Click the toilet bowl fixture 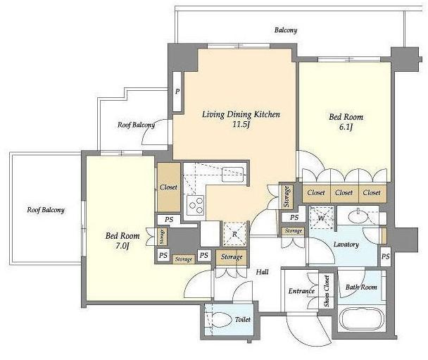221,319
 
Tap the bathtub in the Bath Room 361,319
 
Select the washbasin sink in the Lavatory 358,216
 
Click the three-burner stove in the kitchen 196,204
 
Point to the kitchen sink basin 232,174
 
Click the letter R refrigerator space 234,234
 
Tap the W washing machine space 322,218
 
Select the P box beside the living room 177,91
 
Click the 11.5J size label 241,125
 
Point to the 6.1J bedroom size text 346,127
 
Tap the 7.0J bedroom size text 122,246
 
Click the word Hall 262,272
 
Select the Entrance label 301,291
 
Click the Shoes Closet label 327,291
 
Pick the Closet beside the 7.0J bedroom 169,187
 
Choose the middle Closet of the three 344,192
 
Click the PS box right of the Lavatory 386,256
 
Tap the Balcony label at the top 286,30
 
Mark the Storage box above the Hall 232,257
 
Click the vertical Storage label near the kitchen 287,196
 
